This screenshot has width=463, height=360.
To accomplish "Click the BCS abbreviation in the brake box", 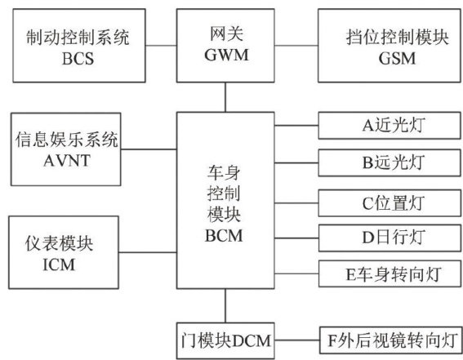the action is pyautogui.click(x=78, y=59).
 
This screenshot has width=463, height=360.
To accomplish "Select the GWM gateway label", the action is pyautogui.click(x=226, y=55).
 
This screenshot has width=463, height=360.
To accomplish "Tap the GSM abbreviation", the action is pyautogui.click(x=397, y=58).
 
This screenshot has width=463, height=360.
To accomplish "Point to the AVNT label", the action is pyautogui.click(x=67, y=161).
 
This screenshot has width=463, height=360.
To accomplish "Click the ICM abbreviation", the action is pyautogui.click(x=59, y=264).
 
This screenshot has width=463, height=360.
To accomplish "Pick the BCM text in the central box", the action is pyautogui.click(x=224, y=236).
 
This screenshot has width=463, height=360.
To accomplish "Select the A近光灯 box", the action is pyautogui.click(x=390, y=126).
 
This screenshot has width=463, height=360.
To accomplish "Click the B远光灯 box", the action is pyautogui.click(x=390, y=163).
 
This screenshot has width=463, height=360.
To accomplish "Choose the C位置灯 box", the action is pyautogui.click(x=390, y=203).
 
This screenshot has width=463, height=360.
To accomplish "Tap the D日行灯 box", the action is pyautogui.click(x=390, y=238).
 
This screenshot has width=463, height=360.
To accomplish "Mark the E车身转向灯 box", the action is pyautogui.click(x=390, y=273).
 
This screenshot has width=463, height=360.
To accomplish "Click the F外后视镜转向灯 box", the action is pyautogui.click(x=390, y=340).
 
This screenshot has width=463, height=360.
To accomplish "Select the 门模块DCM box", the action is pyautogui.click(x=225, y=341).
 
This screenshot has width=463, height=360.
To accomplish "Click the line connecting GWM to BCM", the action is pyautogui.click(x=225, y=97).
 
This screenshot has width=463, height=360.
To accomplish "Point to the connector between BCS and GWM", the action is pyautogui.click(x=161, y=46).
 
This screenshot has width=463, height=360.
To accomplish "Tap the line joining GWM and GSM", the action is pyautogui.click(x=296, y=46).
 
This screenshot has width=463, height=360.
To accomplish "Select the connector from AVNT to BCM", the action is pyautogui.click(x=149, y=149).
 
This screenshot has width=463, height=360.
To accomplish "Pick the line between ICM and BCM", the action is pyautogui.click(x=148, y=252).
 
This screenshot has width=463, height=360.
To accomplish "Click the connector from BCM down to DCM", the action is pyautogui.click(x=225, y=305).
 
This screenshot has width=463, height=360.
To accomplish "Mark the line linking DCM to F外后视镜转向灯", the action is pyautogui.click(x=297, y=340).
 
